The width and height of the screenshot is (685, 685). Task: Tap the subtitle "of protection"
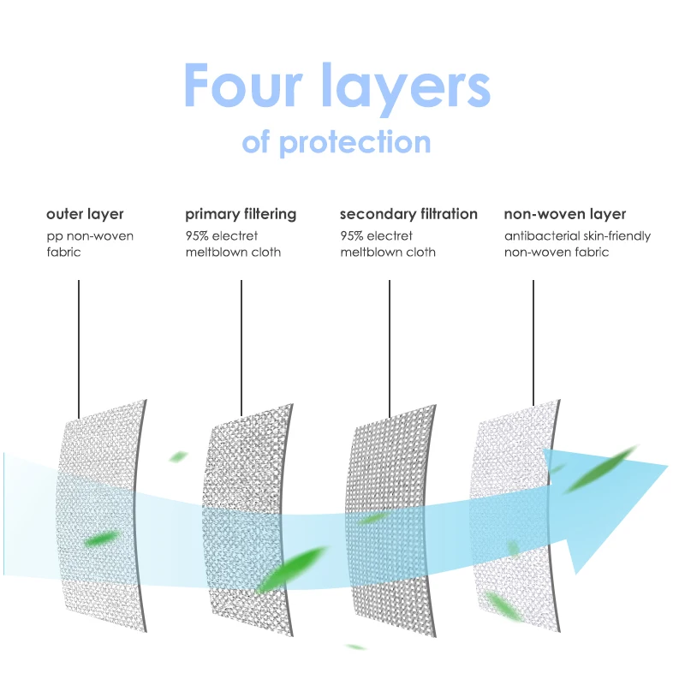coord(337,140)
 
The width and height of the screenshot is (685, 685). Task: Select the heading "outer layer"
coord(85,214)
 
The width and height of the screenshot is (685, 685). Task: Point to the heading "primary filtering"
coord(241,214)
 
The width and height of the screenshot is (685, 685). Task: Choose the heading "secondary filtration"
coord(408,214)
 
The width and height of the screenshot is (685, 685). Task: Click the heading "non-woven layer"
coord(565,214)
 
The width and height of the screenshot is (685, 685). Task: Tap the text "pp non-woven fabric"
coord(89,244)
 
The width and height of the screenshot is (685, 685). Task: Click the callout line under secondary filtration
coord(390,342)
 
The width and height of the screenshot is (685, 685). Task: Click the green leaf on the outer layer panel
coord(102,539)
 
